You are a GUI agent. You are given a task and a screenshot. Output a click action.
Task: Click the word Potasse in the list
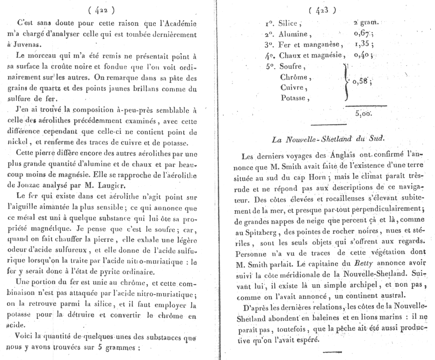(x=293, y=98)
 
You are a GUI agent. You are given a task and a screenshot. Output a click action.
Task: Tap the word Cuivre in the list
(x=292, y=87)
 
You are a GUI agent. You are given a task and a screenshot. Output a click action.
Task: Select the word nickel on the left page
(x=26, y=143)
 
